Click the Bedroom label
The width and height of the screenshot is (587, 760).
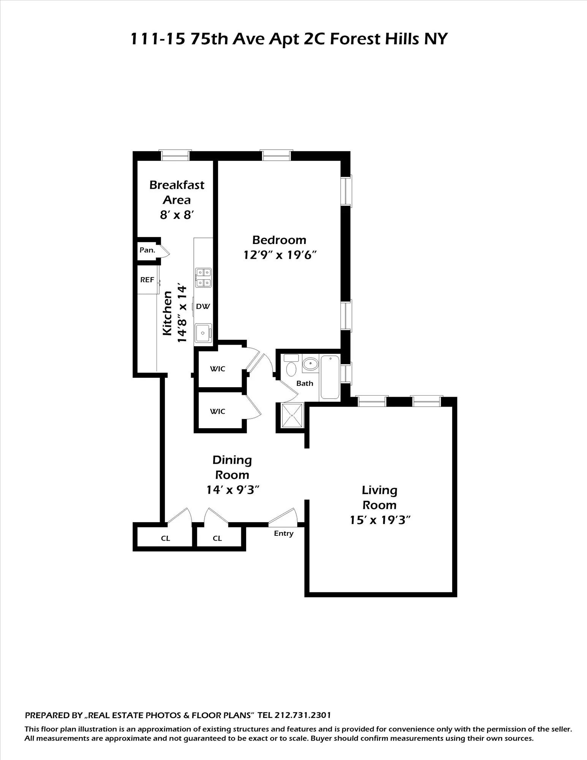click(x=279, y=240)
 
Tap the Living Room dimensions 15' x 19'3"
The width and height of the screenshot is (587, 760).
click(x=380, y=520)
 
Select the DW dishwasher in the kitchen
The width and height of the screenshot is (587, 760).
click(x=203, y=306)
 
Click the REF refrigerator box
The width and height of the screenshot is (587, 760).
click(x=147, y=280)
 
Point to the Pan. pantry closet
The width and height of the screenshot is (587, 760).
click(x=147, y=250)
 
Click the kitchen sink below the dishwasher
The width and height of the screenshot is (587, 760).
click(x=203, y=333)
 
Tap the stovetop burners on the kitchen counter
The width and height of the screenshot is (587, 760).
click(x=203, y=277)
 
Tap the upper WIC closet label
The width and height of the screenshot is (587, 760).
click(x=218, y=369)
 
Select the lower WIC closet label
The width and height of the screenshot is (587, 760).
click(x=218, y=411)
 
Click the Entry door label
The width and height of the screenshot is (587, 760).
click(x=283, y=534)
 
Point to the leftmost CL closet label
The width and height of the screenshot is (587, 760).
click(x=165, y=538)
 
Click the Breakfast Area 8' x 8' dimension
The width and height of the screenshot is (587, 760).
click(x=177, y=215)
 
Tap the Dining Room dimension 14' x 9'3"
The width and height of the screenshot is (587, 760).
click(x=233, y=490)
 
